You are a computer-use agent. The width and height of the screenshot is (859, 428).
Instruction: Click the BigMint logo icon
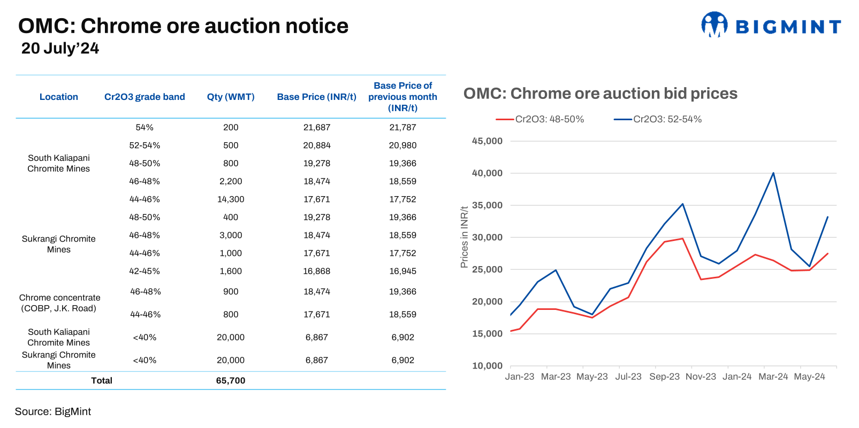tap(714, 25)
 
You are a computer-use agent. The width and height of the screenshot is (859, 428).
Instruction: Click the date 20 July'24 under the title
tap(60, 49)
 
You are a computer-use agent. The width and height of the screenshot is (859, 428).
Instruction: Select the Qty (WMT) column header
tap(231, 97)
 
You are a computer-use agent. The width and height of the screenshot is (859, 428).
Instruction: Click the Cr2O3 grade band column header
tap(145, 97)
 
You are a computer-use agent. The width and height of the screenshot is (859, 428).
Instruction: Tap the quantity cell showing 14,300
tap(231, 199)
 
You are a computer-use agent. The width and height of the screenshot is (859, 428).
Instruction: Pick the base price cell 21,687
tap(317, 127)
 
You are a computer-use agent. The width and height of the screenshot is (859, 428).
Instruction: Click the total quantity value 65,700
tap(231, 380)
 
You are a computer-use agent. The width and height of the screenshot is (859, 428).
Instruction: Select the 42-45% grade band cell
tap(145, 271)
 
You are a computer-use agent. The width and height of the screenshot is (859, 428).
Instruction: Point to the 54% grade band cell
tap(145, 127)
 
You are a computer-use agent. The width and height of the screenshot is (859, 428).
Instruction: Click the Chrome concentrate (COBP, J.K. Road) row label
tap(59, 303)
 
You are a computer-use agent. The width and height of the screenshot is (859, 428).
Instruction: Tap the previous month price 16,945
tap(402, 271)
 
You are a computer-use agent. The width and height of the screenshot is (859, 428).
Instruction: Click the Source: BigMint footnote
tap(53, 411)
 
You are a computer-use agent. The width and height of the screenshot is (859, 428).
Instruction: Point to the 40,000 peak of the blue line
tap(773, 173)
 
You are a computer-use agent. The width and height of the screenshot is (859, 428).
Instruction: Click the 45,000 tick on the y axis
tap(487, 141)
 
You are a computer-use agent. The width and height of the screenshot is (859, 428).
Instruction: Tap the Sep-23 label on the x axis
tap(664, 377)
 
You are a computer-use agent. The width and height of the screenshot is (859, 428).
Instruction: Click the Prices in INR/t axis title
tap(464, 237)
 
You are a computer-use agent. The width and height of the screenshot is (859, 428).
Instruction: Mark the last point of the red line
tap(828, 253)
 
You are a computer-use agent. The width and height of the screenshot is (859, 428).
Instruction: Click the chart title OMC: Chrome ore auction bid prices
tap(600, 94)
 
